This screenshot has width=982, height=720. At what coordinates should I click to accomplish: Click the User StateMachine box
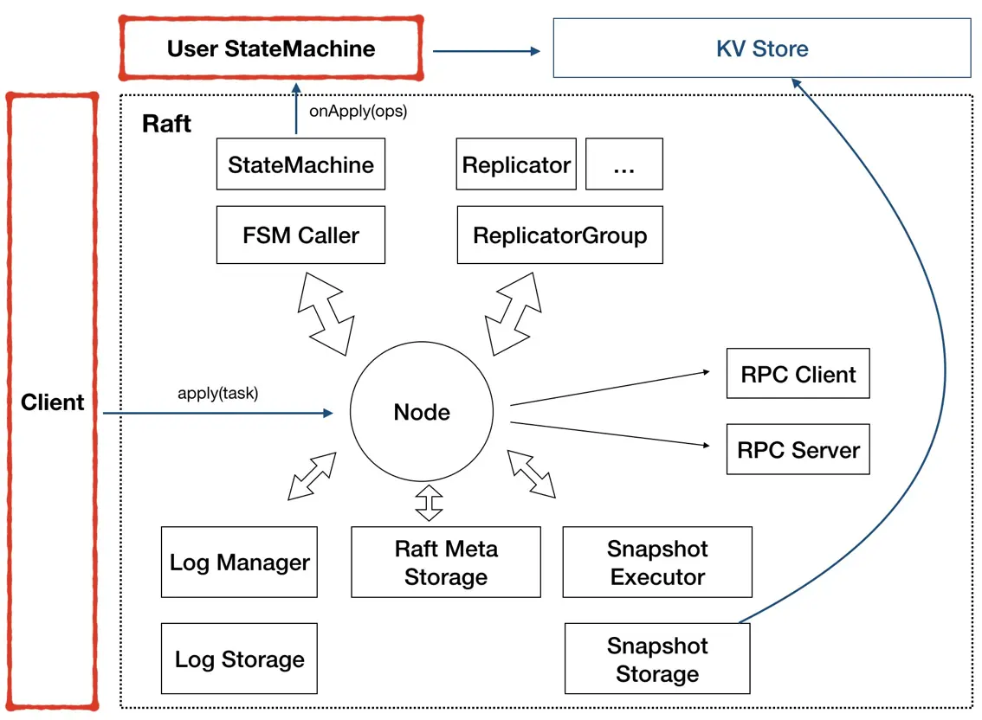click(271, 48)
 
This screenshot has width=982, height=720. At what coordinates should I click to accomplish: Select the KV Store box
click(762, 48)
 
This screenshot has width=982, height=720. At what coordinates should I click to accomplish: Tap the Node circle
click(422, 412)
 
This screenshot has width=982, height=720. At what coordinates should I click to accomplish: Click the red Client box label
click(53, 402)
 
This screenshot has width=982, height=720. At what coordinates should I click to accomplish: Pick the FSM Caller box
click(300, 235)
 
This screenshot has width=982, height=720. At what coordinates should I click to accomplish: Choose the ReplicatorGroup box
click(559, 235)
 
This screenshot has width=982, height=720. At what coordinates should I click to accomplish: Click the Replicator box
click(516, 164)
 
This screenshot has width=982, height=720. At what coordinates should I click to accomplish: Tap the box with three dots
click(623, 164)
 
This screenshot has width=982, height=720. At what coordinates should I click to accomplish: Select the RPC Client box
click(798, 375)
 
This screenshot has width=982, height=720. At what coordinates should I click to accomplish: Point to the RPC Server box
click(798, 450)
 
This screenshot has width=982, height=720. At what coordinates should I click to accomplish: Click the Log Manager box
click(240, 562)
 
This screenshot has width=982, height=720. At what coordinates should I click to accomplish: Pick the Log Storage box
click(240, 659)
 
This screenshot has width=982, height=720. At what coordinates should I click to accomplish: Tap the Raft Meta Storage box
click(445, 562)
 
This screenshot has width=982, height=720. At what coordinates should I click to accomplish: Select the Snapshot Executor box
click(657, 562)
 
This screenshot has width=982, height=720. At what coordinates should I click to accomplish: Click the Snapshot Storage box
click(657, 659)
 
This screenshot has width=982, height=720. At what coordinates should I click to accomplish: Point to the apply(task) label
click(218, 394)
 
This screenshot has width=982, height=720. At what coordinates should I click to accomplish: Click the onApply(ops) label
click(357, 112)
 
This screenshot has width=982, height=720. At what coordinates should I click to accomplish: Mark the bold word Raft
click(167, 124)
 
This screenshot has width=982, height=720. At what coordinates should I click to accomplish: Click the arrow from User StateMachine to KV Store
click(486, 51)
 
